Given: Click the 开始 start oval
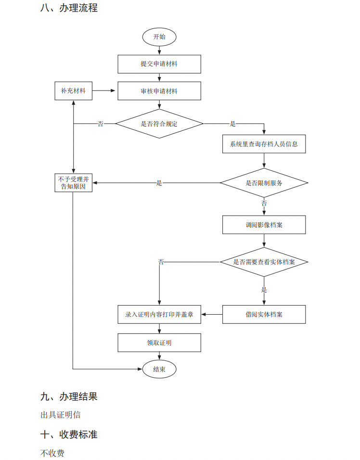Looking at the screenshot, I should point(159,37).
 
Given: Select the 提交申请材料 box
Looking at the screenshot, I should point(159,64).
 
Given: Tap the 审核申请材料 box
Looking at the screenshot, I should point(159,91).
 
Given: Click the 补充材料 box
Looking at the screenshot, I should point(73,90).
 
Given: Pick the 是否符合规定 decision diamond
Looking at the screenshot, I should point(159,124).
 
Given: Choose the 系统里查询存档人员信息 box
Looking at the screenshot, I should point(264,144).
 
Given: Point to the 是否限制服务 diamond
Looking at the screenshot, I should point(264,183).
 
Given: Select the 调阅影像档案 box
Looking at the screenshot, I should point(264,224).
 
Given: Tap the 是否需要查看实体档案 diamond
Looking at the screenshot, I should point(264,262).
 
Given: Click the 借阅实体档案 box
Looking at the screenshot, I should point(264,314).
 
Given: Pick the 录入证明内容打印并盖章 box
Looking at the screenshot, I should point(159,314).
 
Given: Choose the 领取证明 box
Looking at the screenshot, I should point(159,343).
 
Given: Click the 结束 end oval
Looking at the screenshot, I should point(159,369).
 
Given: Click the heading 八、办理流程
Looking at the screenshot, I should point(69,8).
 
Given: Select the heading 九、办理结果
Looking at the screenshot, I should point(69,396).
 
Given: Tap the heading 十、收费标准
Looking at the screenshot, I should point(69,434).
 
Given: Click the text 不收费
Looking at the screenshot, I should point(52,453).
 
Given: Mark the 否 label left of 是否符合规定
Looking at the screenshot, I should point(101,124).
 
